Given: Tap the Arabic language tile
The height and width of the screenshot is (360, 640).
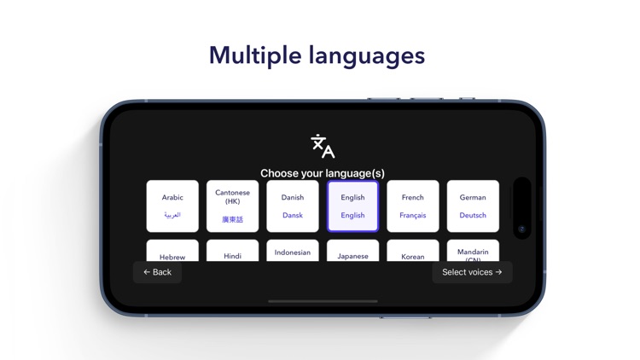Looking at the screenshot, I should [x=172, y=206].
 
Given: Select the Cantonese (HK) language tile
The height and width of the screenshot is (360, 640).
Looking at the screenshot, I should [x=232, y=206].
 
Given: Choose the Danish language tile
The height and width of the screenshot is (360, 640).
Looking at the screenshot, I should [x=293, y=206].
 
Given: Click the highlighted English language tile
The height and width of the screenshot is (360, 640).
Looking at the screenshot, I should [x=352, y=206].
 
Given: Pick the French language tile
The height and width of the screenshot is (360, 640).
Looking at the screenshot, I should [x=413, y=206].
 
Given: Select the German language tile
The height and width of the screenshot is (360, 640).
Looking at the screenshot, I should [x=473, y=206].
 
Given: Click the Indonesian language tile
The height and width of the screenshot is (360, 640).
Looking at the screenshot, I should [x=293, y=252].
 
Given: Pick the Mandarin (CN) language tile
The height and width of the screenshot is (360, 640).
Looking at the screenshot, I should [x=473, y=252].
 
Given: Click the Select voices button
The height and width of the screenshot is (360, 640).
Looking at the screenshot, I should [x=472, y=272].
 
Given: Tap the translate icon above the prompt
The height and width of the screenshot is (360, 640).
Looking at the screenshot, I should [x=323, y=146].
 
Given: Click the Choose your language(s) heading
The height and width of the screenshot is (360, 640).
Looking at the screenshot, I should [x=323, y=172].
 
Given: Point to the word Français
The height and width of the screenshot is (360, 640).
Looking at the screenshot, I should [x=413, y=216].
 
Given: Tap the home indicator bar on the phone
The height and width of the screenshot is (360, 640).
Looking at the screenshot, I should [x=323, y=301].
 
